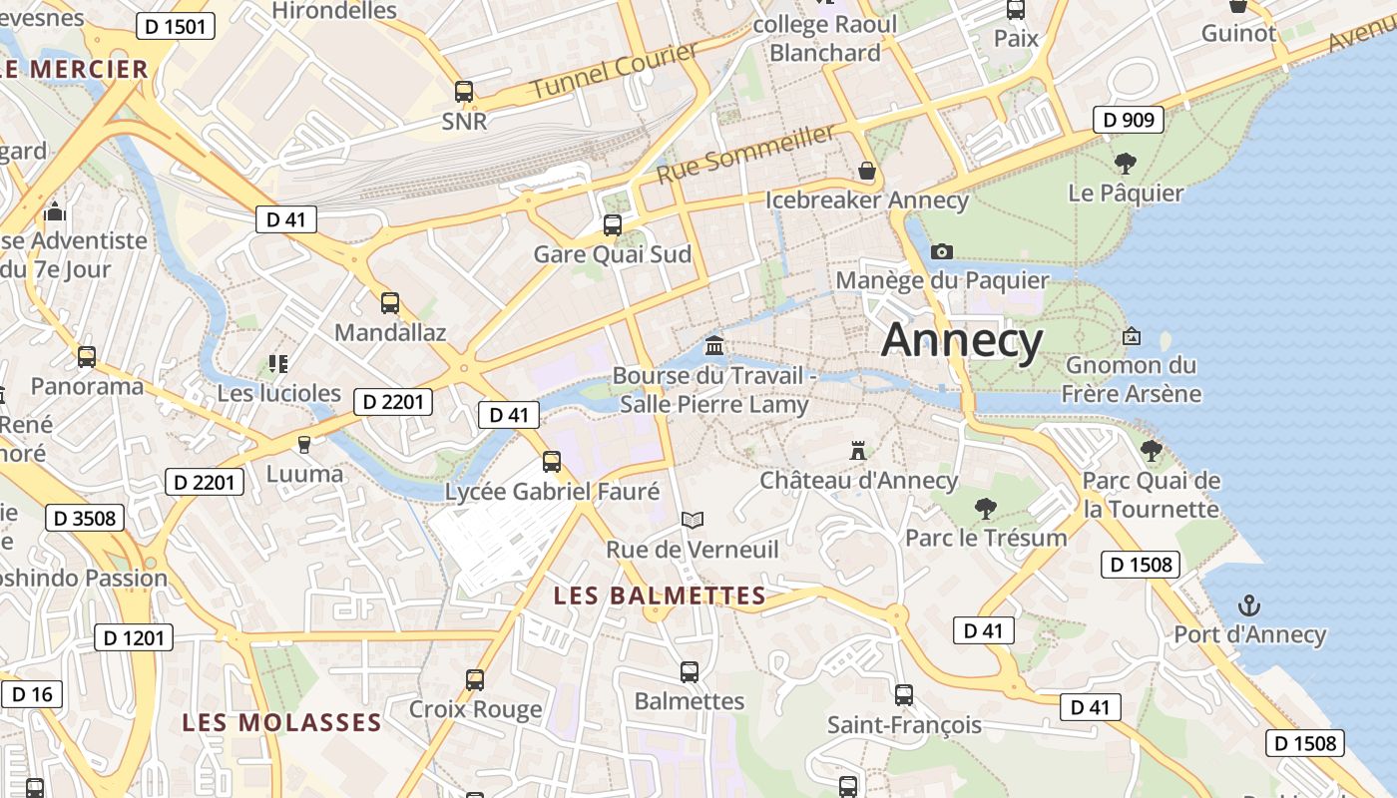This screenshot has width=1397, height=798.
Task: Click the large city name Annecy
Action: click(x=962, y=340)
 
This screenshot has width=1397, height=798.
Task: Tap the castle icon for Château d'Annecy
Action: click(x=857, y=451)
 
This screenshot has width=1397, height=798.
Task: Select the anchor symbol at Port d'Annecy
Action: click(x=1248, y=605)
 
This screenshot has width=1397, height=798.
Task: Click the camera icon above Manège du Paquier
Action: click(x=941, y=251)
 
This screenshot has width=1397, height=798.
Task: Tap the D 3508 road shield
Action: click(x=85, y=518)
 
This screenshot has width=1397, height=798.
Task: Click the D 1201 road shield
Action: click(x=134, y=637)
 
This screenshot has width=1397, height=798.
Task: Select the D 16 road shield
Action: click(x=32, y=694)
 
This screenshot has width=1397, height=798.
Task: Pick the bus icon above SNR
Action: click(x=464, y=92)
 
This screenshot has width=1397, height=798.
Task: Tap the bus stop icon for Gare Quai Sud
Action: click(x=613, y=225)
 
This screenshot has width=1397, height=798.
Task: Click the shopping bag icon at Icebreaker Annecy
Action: click(x=867, y=172)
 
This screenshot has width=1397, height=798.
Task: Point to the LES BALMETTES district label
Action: click(x=660, y=597)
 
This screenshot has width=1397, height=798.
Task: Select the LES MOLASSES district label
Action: click(x=281, y=722)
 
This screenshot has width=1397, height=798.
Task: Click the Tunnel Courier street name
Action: click(x=614, y=70)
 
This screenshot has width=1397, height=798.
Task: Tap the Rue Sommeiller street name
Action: click(x=745, y=154)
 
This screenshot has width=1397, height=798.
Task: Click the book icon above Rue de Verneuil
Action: click(x=693, y=521)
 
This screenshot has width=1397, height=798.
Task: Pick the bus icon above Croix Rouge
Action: click(x=475, y=680)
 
